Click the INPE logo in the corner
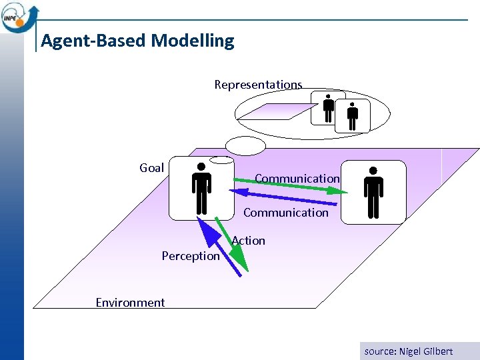(19, 16)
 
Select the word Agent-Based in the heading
(94, 41)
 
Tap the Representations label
(258, 85)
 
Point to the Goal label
(151, 168)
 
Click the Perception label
(190, 256)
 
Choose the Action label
(249, 241)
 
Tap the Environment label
(130, 303)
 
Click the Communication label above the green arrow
(297, 179)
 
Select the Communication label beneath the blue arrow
(285, 213)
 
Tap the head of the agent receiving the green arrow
(373, 171)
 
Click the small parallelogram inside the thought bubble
(273, 111)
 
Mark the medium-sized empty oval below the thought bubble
(245, 145)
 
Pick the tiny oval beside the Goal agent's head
(221, 160)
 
